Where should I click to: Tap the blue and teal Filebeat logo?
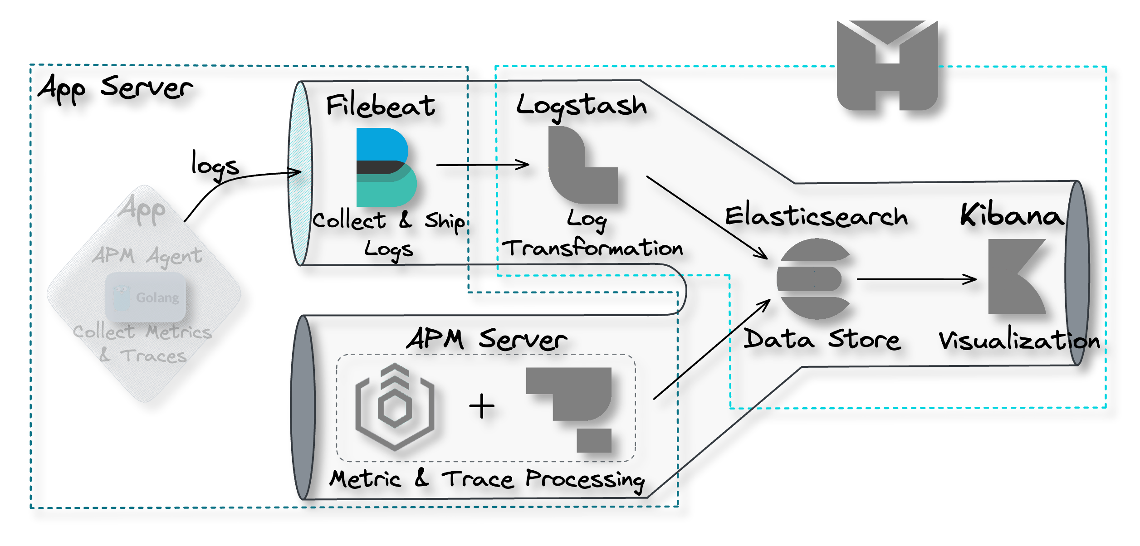(x=386, y=167)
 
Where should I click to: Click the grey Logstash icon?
(x=582, y=166)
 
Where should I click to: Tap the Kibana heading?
(x=1012, y=215)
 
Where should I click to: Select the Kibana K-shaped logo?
(x=1018, y=277)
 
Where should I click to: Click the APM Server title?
(x=486, y=339)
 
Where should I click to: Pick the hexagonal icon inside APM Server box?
(x=395, y=407)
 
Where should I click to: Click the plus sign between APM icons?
(x=481, y=406)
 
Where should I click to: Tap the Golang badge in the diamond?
(x=145, y=297)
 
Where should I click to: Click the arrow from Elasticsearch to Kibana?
(x=916, y=279)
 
